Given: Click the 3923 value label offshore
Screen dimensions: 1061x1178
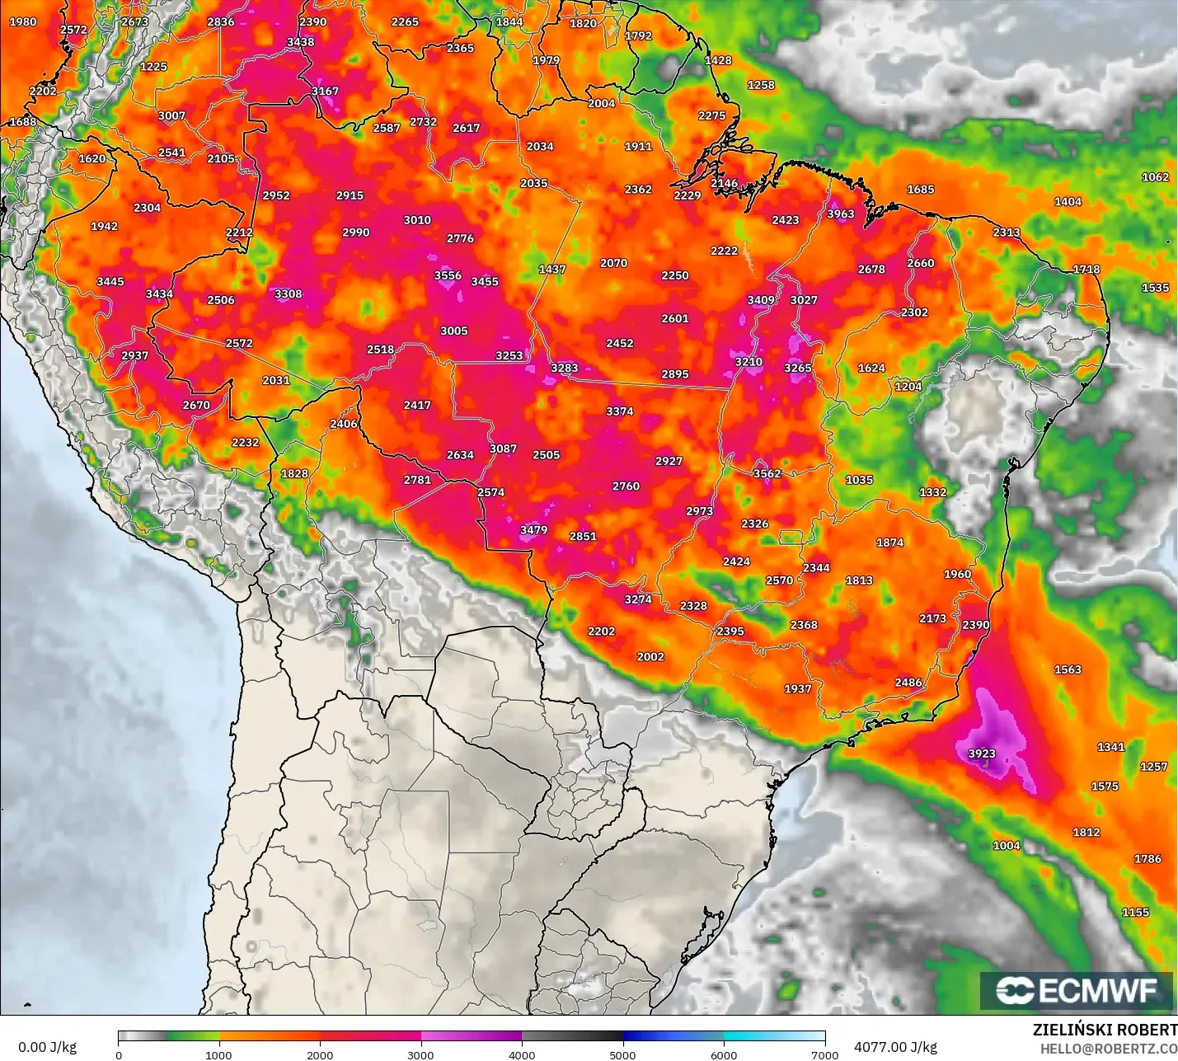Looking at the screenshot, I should pyautogui.click(x=982, y=753).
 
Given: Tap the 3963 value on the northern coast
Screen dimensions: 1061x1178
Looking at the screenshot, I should pyautogui.click(x=841, y=214).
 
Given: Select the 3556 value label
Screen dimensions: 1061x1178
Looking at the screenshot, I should pyautogui.click(x=448, y=276).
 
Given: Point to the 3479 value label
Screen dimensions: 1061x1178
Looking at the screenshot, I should pyautogui.click(x=533, y=530).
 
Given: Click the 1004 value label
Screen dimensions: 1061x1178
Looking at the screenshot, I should pyautogui.click(x=1007, y=846).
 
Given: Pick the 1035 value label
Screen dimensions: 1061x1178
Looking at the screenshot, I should pyautogui.click(x=859, y=480).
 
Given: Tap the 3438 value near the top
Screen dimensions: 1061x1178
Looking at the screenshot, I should pyautogui.click(x=300, y=42).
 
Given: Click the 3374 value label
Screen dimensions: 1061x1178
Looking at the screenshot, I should pyautogui.click(x=620, y=411).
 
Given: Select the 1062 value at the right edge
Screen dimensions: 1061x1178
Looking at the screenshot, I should pyautogui.click(x=1155, y=177).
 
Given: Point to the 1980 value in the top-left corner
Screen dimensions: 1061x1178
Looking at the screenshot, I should pyautogui.click(x=23, y=22).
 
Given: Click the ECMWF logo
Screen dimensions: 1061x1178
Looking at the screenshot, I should pyautogui.click(x=1077, y=990).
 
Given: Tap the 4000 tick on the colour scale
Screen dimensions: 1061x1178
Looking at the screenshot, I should pyautogui.click(x=522, y=1054).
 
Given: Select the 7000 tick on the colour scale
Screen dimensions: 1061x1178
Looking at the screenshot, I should pyautogui.click(x=825, y=1054).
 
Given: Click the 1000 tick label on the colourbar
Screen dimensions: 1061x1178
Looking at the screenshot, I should pyautogui.click(x=218, y=1054).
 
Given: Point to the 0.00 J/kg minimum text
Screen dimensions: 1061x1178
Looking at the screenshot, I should pyautogui.click(x=48, y=1047).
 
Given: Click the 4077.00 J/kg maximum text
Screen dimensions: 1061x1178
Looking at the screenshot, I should pyautogui.click(x=895, y=1047).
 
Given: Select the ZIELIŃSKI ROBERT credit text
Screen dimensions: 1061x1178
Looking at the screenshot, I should pyautogui.click(x=1105, y=1030).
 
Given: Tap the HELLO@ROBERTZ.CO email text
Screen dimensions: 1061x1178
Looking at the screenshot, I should pyautogui.click(x=1108, y=1049).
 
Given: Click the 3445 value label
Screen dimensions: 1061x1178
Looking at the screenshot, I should pyautogui.click(x=110, y=282).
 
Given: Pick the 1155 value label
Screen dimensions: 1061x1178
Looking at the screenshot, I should pyautogui.click(x=1135, y=913).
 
